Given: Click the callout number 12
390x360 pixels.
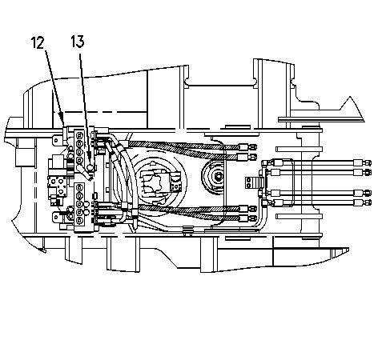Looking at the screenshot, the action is point(38,42).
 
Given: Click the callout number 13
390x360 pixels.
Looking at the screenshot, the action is point(78,42).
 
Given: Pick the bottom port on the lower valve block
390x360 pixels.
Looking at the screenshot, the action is point(79,220).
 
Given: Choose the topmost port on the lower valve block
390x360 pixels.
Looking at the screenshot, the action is point(79,188).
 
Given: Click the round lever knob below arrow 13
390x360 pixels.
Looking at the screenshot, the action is point(90,168).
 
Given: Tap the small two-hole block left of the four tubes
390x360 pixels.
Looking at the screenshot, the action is point(249,182).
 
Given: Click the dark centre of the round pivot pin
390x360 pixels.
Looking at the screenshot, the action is point(219,175).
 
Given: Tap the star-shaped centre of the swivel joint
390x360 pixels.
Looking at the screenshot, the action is point(153,182).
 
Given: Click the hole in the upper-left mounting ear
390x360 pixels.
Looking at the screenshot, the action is point(56,140).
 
